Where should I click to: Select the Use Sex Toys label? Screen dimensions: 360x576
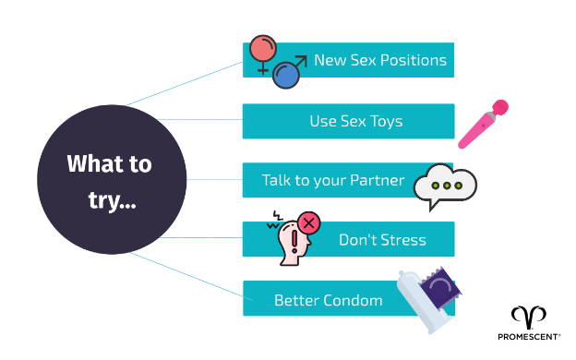pos(355,121)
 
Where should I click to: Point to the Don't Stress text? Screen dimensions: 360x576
pos(382,240)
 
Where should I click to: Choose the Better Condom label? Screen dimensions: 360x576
pos(328,300)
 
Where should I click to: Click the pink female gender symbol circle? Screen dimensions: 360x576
pos(263,50)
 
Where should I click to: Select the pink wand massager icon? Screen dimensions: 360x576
pos(485,124)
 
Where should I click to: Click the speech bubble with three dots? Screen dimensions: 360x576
pos(446,185)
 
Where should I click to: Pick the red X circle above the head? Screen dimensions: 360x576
pos(308,222)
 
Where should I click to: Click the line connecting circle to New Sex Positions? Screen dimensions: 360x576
pos(185,83)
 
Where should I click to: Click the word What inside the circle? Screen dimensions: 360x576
pos(94,164)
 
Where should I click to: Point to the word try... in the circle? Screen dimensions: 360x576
pos(112,199)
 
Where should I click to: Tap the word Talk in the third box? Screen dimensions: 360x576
pos(278,180)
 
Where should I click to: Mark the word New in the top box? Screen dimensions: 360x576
pos(330,61)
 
